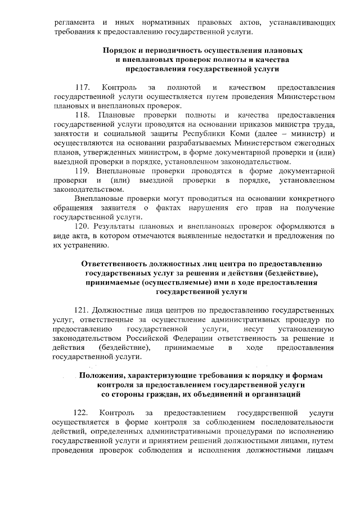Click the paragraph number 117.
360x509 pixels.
(x=83, y=88)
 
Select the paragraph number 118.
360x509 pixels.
(x=83, y=115)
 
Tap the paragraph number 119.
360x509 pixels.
(x=83, y=170)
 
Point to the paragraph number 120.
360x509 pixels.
(x=83, y=226)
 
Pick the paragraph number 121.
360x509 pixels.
(x=82, y=310)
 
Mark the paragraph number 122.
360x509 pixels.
(x=83, y=413)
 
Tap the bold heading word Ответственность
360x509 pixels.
(x=117, y=263)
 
